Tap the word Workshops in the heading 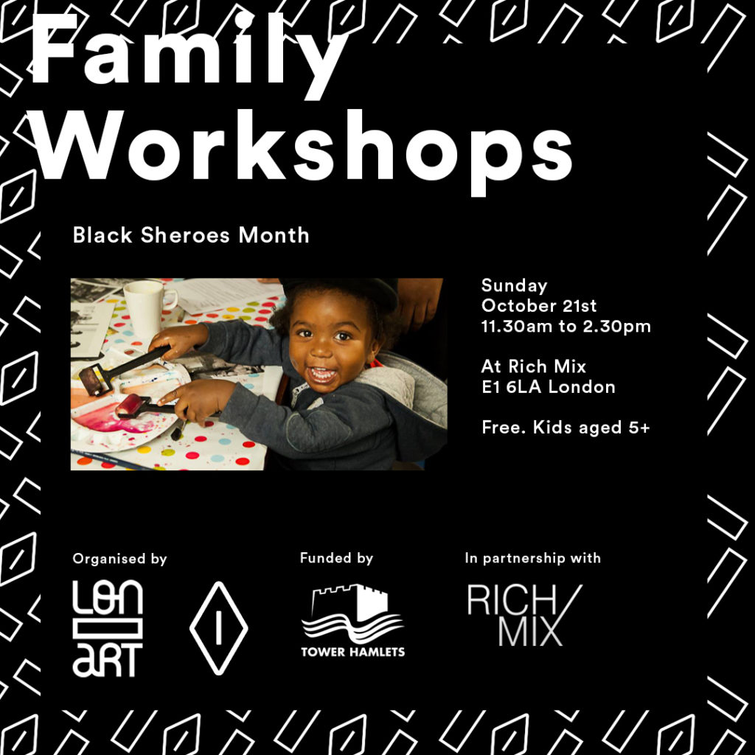click(x=302, y=151)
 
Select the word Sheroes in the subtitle click(x=185, y=235)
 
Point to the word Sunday click(x=514, y=286)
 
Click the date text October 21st click(x=539, y=306)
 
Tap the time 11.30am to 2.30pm click(x=566, y=327)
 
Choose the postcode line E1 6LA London click(x=549, y=387)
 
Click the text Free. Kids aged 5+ click(x=566, y=428)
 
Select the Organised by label click(x=120, y=559)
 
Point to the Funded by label click(x=336, y=558)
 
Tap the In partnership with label click(x=532, y=558)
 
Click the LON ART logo click(x=108, y=628)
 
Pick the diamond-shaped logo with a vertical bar click(x=218, y=628)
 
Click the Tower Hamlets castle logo click(x=353, y=621)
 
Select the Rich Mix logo click(x=525, y=616)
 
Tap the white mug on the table click(x=149, y=308)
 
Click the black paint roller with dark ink click(x=123, y=370)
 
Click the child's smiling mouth click(x=321, y=374)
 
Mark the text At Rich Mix click(x=534, y=367)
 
